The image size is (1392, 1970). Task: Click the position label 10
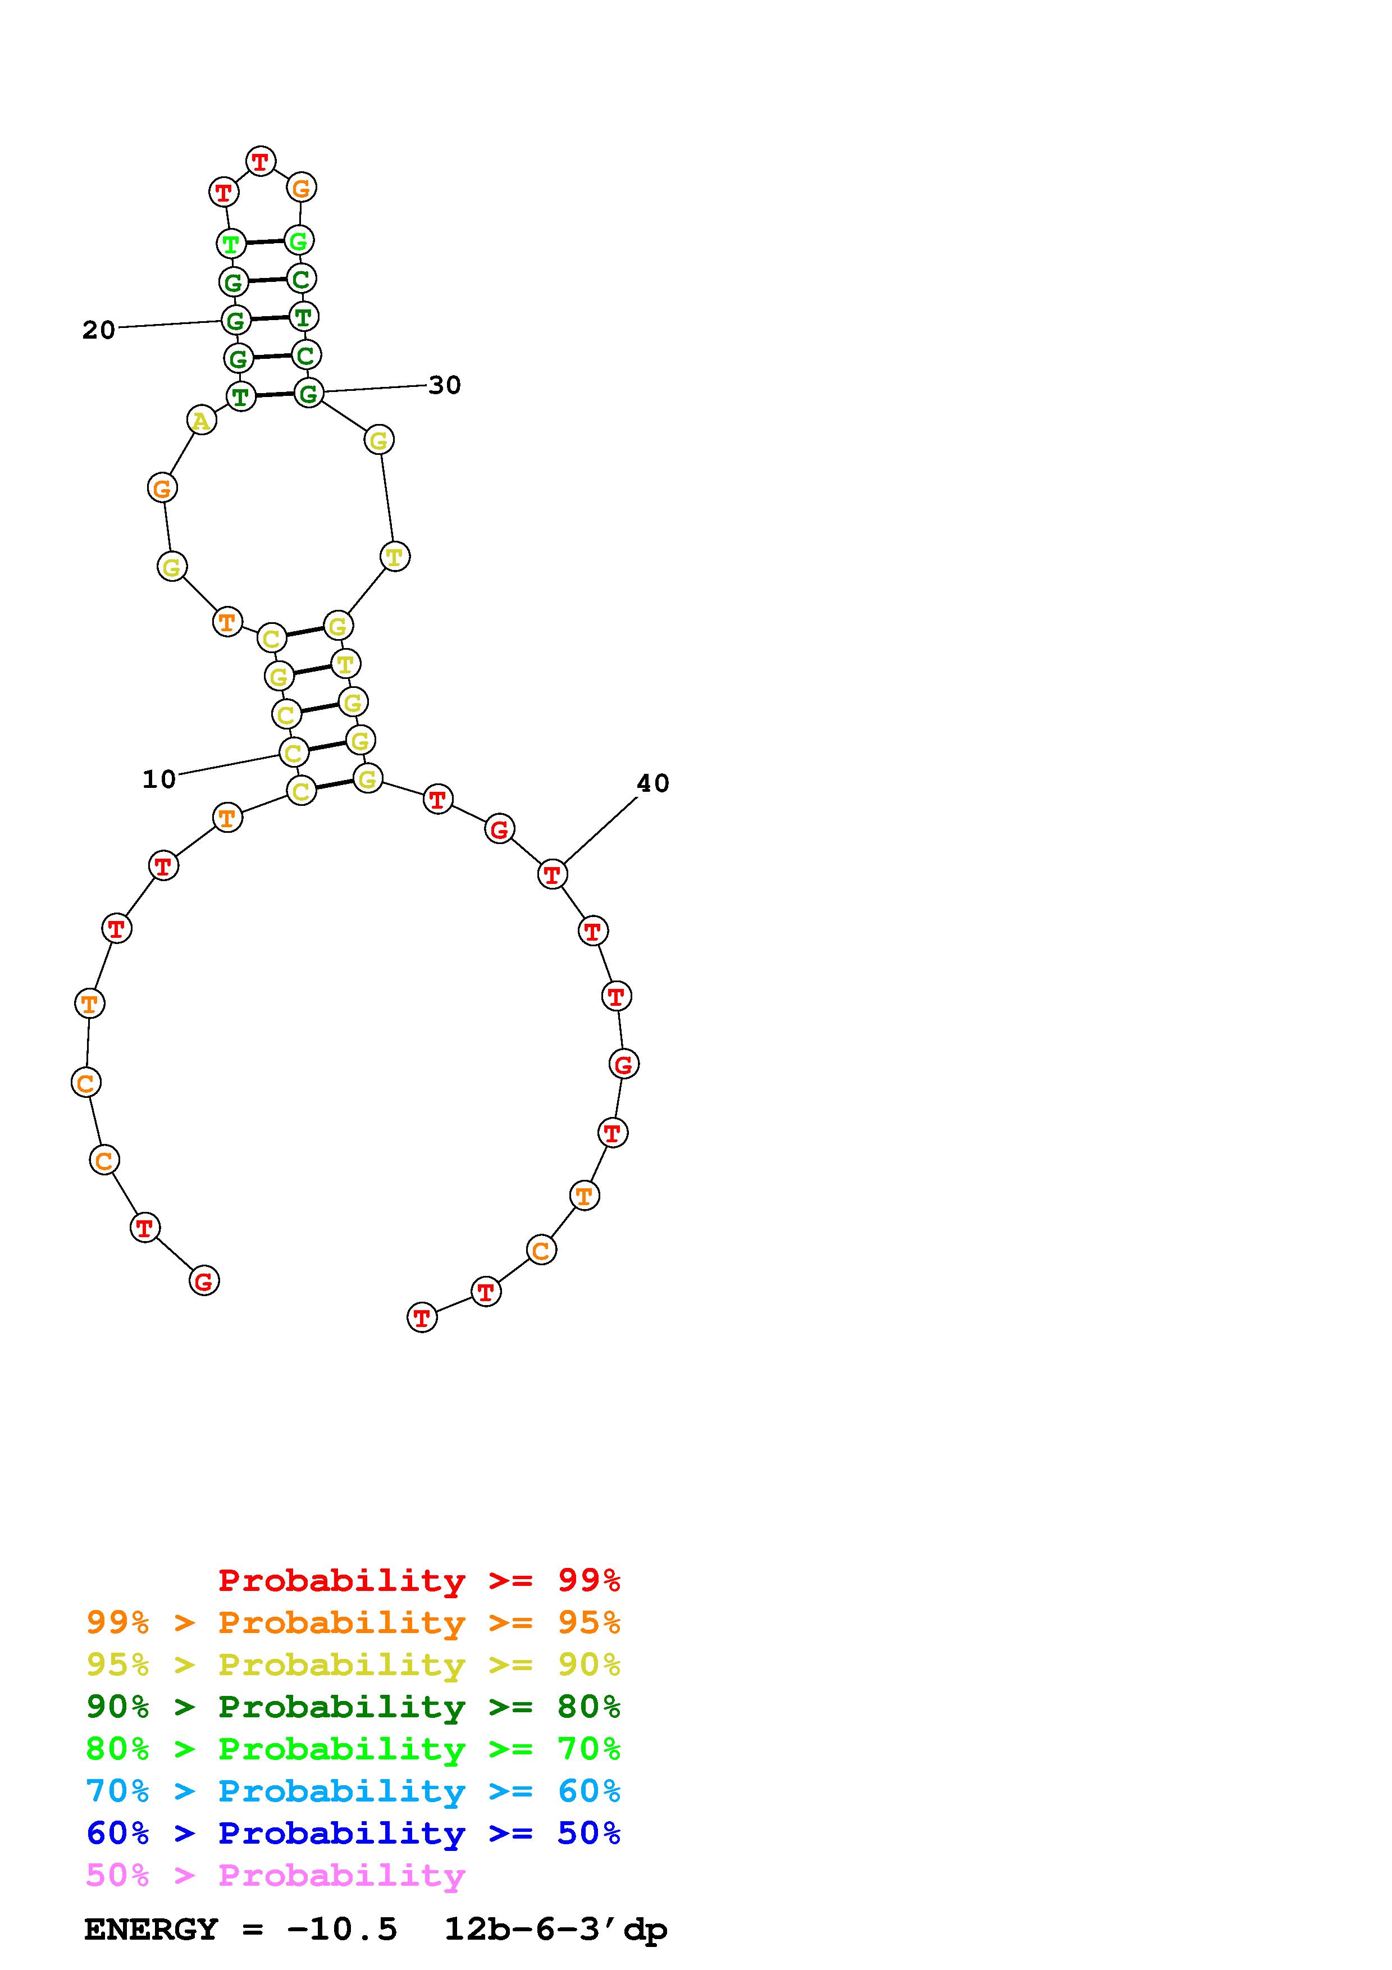(159, 779)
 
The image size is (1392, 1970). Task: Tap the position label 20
(99, 330)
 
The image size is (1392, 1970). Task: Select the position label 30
(444, 385)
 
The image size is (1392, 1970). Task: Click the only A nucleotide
(200, 421)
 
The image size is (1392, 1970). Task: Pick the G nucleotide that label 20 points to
(235, 320)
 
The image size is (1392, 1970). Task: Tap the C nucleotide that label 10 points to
(294, 753)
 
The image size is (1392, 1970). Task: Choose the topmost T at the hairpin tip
(261, 161)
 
